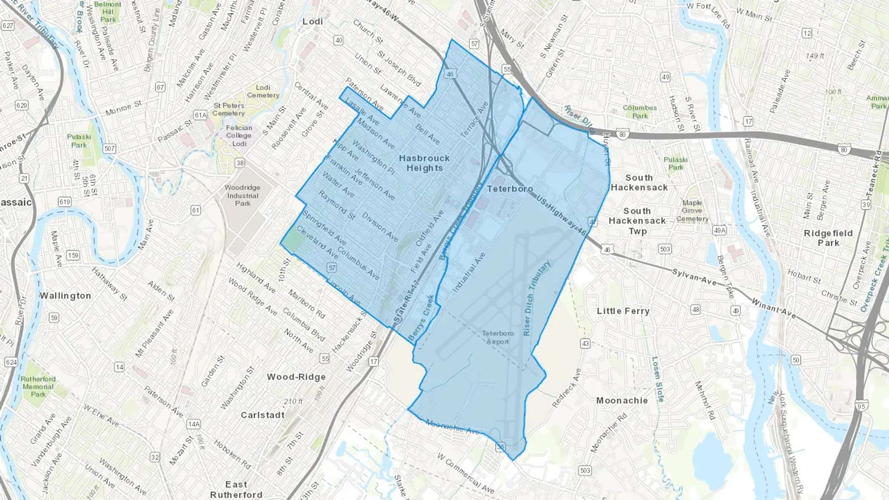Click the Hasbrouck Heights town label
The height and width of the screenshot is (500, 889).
pos(424,163)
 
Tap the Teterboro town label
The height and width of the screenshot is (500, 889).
pos(510,189)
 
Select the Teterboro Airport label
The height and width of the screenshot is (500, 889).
pos(497,338)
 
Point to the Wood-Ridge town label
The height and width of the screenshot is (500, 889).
pos(296,377)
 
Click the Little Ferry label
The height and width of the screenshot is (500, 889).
pos(623,311)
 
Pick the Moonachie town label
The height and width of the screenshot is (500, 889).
pos(622,400)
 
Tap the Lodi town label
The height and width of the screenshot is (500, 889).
pos(313,22)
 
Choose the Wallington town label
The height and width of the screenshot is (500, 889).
pos(65,296)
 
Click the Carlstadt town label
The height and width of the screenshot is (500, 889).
pos(262,415)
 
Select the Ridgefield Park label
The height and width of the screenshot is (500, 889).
pos(828,238)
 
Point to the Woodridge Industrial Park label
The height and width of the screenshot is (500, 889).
pos(242,195)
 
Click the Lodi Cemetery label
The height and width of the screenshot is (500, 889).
pos(263,91)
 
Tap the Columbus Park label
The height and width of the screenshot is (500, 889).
pos(640,112)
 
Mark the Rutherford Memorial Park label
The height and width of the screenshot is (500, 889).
pos(38,386)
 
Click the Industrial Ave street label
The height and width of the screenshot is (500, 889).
pos(469,272)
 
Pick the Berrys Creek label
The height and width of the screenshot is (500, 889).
pos(421,317)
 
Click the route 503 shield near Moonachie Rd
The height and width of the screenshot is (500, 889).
pos(585,470)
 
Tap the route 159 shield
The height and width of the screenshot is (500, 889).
pos(73,255)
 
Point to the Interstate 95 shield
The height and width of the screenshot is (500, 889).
pos(862,406)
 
